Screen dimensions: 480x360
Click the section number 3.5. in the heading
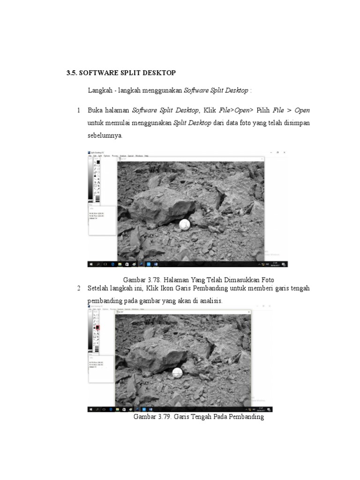[x=72, y=73]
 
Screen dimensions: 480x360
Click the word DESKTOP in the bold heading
[x=158, y=73]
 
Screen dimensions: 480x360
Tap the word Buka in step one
[x=95, y=110]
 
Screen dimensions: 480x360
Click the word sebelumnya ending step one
[x=105, y=135]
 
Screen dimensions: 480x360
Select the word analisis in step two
[x=210, y=300]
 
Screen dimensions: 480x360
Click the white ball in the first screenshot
[x=185, y=225]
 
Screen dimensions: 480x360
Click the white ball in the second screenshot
[x=179, y=373]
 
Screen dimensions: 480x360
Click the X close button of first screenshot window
[x=284, y=152]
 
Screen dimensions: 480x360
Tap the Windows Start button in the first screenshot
[x=91, y=264]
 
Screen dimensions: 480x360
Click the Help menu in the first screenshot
[x=146, y=156]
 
